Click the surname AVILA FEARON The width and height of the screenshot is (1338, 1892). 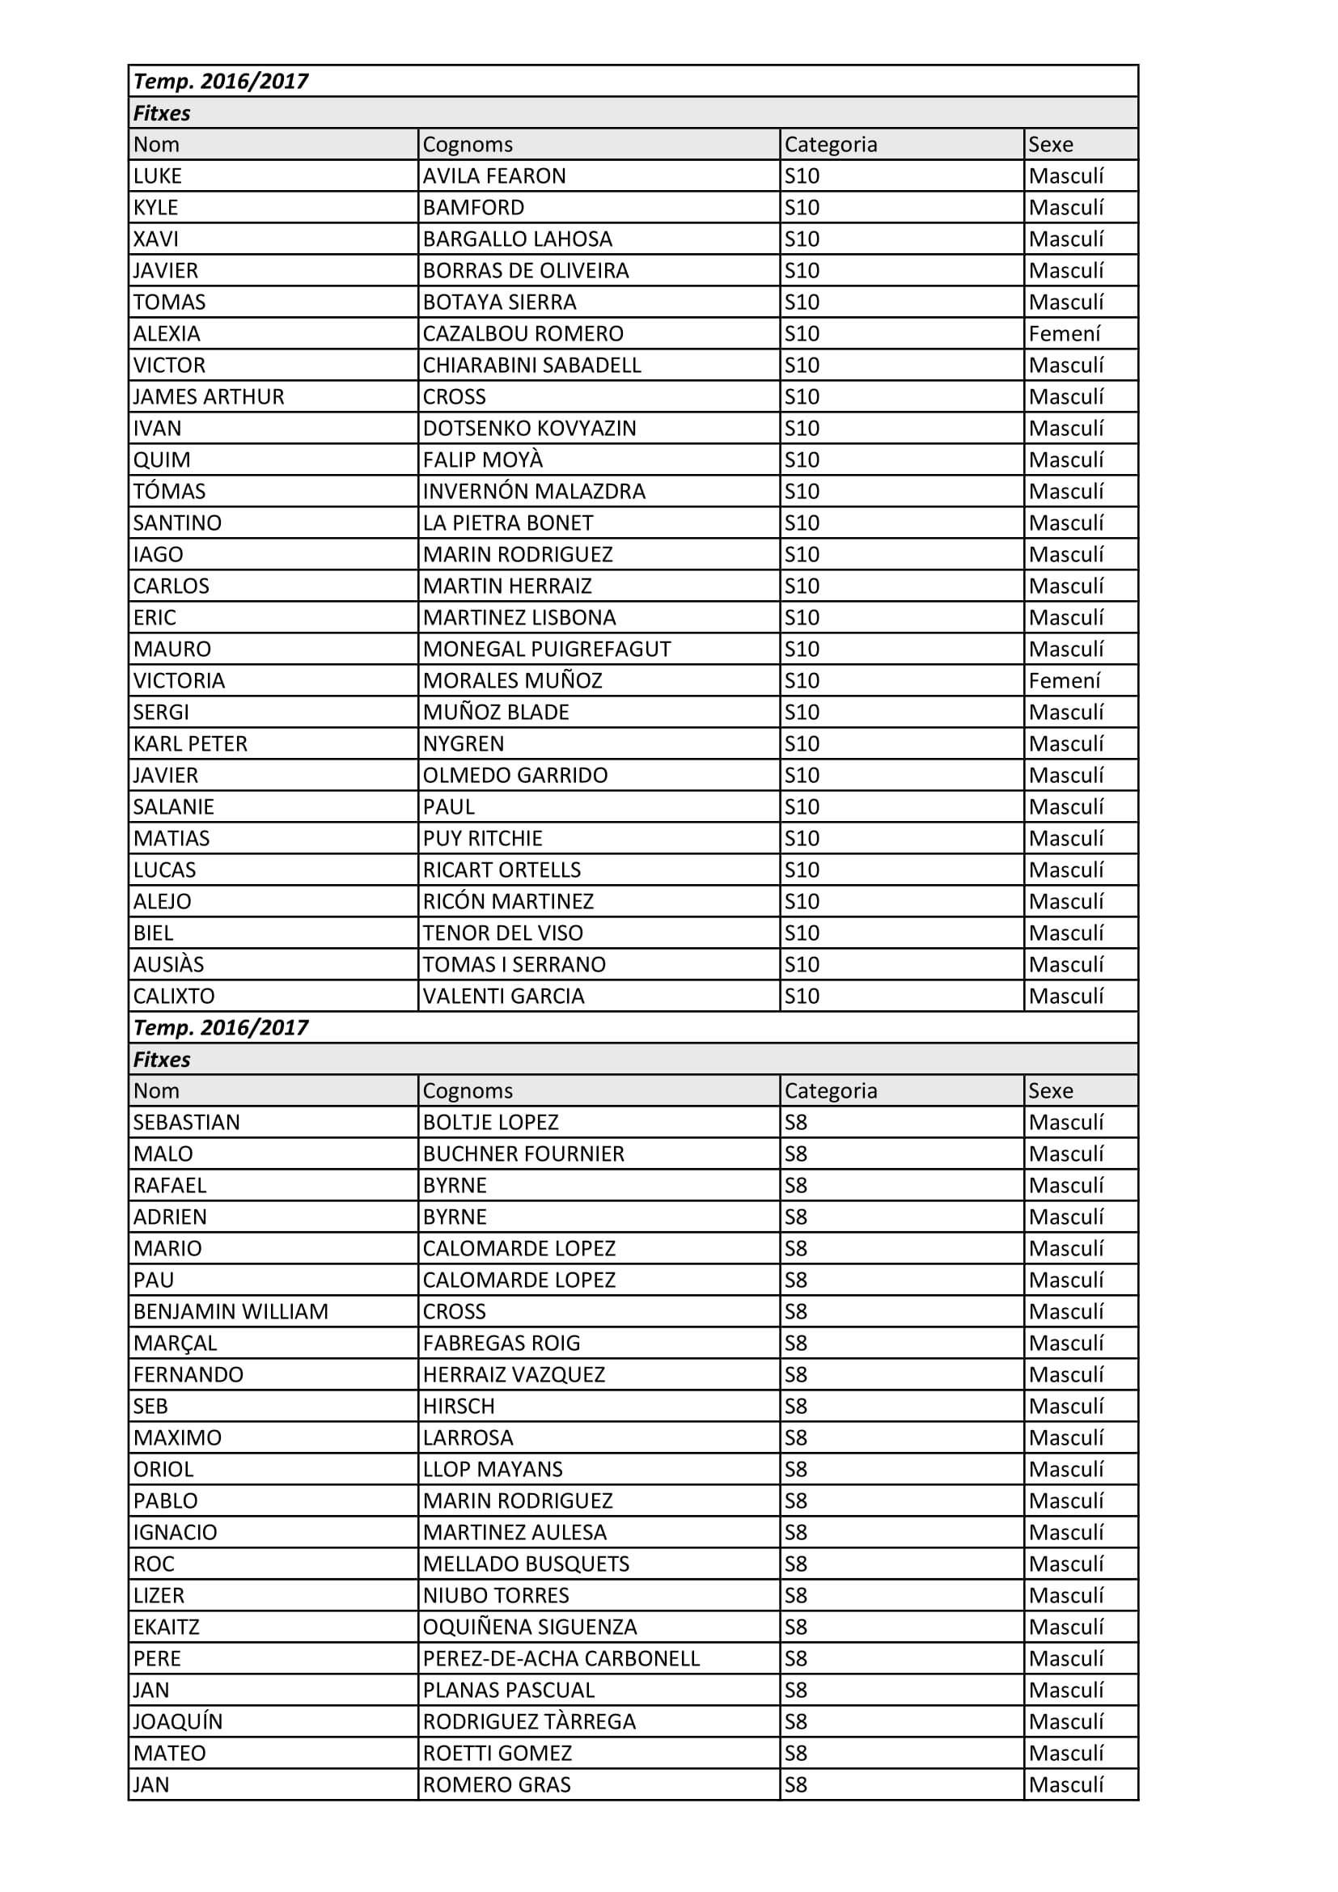494,176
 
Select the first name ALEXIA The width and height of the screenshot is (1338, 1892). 167,334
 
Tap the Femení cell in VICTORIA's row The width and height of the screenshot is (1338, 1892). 1065,680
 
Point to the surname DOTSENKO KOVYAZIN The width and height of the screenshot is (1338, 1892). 529,429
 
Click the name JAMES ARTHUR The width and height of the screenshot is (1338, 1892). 209,397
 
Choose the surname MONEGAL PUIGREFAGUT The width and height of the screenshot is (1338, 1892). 546,650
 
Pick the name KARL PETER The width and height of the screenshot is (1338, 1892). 190,744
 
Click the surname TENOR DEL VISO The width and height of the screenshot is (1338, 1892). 502,933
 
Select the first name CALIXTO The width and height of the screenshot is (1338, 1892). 174,997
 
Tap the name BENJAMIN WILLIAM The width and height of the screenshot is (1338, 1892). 231,1312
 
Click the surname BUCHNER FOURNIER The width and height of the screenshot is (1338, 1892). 523,1153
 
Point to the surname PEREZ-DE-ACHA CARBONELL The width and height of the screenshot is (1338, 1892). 561,1659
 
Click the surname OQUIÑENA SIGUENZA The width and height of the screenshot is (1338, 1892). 530,1627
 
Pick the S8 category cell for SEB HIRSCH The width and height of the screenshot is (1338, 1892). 796,1407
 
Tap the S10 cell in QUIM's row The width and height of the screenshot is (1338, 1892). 802,459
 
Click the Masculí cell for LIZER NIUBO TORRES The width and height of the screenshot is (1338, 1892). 1066,1595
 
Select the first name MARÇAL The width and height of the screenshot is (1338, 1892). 175,1344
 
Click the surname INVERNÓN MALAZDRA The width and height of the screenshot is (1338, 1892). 534,492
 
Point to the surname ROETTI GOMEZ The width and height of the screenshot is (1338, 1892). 497,1753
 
